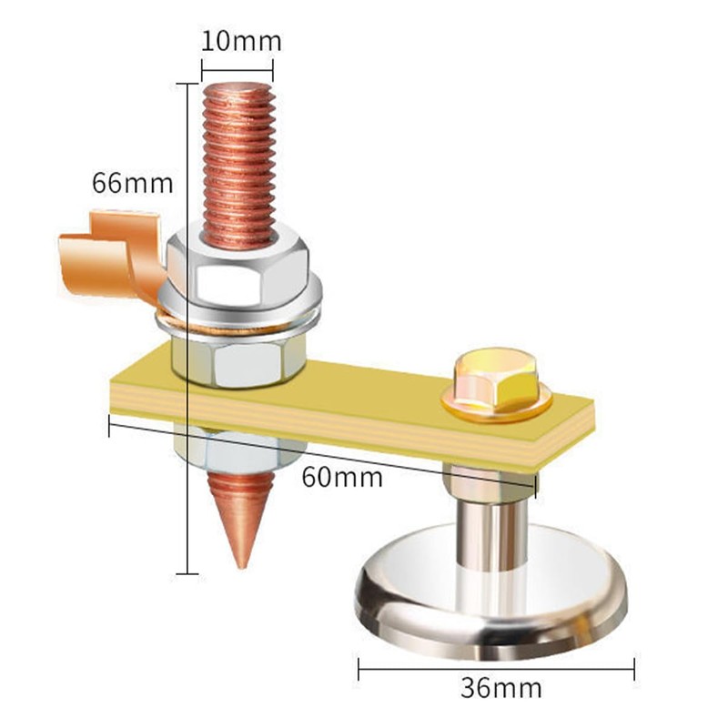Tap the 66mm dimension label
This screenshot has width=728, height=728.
pyautogui.click(x=132, y=183)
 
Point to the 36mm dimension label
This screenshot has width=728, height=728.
pyautogui.click(x=500, y=688)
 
